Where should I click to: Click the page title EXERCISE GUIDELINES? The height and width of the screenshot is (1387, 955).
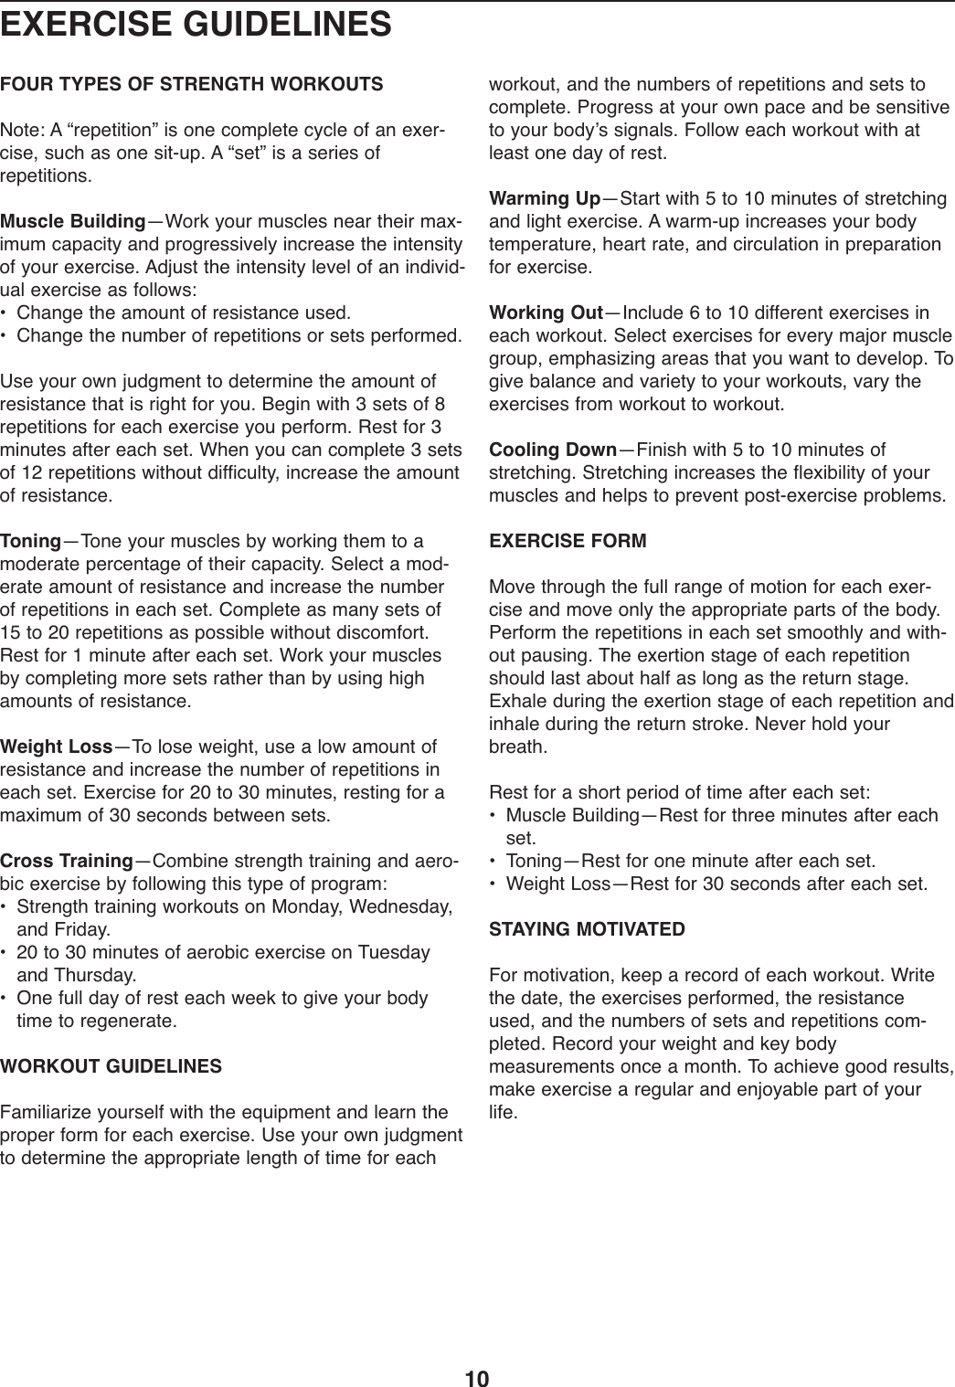click(x=196, y=24)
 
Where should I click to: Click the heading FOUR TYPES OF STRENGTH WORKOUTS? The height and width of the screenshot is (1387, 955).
click(x=192, y=86)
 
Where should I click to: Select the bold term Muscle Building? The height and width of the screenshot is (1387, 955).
click(x=73, y=222)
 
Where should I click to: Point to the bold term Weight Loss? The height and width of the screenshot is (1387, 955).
click(x=57, y=747)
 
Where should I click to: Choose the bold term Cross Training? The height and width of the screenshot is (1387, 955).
click(x=67, y=861)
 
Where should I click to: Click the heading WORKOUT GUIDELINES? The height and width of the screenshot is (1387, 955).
click(x=111, y=1066)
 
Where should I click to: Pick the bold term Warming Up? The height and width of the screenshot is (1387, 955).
click(x=546, y=199)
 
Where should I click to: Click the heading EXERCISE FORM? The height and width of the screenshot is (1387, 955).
click(x=568, y=541)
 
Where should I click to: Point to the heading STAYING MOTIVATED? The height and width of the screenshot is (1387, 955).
click(x=588, y=929)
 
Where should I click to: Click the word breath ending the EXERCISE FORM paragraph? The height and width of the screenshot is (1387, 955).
click(x=518, y=746)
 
